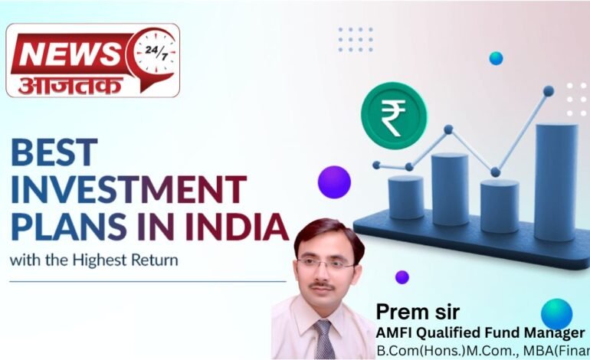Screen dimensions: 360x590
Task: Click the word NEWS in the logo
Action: tap(67, 54)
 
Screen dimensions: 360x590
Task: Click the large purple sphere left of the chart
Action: tap(334, 182)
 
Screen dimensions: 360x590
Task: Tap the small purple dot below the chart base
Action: tap(402, 277)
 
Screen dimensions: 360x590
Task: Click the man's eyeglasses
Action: tap(326, 263)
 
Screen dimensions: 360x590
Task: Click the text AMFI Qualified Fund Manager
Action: tap(480, 333)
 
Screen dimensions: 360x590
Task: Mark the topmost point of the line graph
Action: tap(548, 90)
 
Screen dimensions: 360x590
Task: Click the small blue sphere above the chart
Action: tap(496, 58)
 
